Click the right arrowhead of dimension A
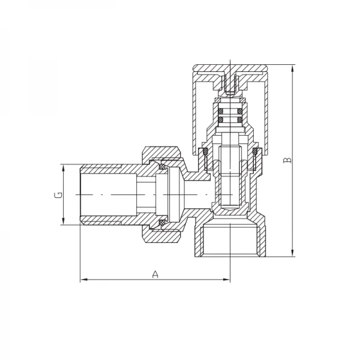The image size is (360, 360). (226, 280)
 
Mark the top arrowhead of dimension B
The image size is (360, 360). (292, 67)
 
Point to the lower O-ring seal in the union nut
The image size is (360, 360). (161, 224)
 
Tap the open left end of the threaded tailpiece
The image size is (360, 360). (83, 195)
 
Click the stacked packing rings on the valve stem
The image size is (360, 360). (230, 116)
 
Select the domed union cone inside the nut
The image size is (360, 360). (169, 195)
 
